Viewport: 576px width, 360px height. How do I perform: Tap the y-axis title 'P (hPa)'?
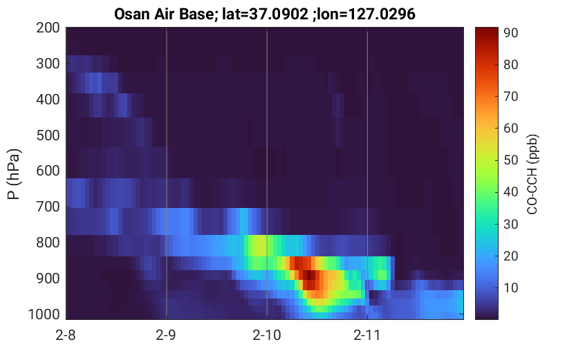[x=14, y=174]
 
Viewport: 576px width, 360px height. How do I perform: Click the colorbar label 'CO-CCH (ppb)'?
[x=532, y=174]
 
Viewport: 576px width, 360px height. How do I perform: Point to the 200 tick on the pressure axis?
[x=48, y=28]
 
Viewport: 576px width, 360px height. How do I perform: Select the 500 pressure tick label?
[x=48, y=135]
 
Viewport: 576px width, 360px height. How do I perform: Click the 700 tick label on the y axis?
[x=48, y=207]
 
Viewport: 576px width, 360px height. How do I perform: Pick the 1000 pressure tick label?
[x=44, y=314]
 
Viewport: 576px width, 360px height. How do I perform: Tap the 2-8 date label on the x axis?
[x=66, y=335]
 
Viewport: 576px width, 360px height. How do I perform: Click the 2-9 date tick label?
[x=166, y=335]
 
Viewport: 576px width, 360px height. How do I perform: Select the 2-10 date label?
[x=267, y=335]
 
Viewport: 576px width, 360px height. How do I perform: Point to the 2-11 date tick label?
[x=367, y=335]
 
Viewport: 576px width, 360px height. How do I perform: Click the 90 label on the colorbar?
[x=510, y=32]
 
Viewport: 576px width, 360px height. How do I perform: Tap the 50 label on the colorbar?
[x=510, y=160]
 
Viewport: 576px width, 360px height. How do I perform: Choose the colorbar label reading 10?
[x=510, y=287]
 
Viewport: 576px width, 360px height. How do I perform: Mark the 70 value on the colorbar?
[x=510, y=97]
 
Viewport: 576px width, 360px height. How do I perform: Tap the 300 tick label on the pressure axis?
[x=48, y=64]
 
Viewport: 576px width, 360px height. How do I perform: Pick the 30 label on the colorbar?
[x=510, y=224]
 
